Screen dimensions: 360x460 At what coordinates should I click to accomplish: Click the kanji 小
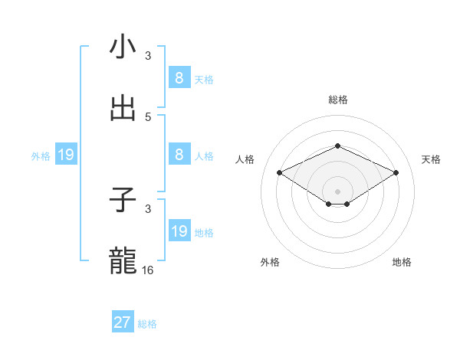click(x=123, y=47)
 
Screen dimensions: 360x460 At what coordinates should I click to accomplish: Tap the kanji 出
click(x=123, y=109)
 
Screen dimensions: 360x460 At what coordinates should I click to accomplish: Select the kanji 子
click(x=123, y=201)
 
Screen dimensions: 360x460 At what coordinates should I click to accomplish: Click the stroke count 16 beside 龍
click(x=148, y=270)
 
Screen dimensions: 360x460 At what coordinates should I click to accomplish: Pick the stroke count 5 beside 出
click(x=148, y=116)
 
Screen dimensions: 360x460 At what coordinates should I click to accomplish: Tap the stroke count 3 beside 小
click(x=148, y=55)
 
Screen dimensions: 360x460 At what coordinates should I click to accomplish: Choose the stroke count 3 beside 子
click(x=148, y=208)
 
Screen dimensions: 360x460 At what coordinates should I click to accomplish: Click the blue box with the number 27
click(x=123, y=322)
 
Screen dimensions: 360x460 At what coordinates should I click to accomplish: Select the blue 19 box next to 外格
click(x=66, y=155)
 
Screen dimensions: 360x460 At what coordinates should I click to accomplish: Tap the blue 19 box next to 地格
click(x=179, y=231)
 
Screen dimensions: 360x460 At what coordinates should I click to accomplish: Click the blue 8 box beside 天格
click(x=179, y=78)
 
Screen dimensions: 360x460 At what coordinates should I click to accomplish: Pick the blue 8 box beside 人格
click(x=179, y=155)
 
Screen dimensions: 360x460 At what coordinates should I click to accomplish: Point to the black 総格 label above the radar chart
click(x=338, y=100)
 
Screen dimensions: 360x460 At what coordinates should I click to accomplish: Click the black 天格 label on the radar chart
click(x=431, y=159)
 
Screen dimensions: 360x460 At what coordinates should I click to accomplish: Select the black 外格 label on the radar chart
click(x=270, y=262)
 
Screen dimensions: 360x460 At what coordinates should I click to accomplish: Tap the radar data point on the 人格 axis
click(x=280, y=173)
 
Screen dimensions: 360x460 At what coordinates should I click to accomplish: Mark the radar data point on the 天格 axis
click(x=396, y=173)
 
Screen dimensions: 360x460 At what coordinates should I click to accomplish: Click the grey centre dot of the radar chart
click(x=338, y=191)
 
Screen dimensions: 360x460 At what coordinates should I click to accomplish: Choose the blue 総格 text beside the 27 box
click(x=147, y=324)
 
